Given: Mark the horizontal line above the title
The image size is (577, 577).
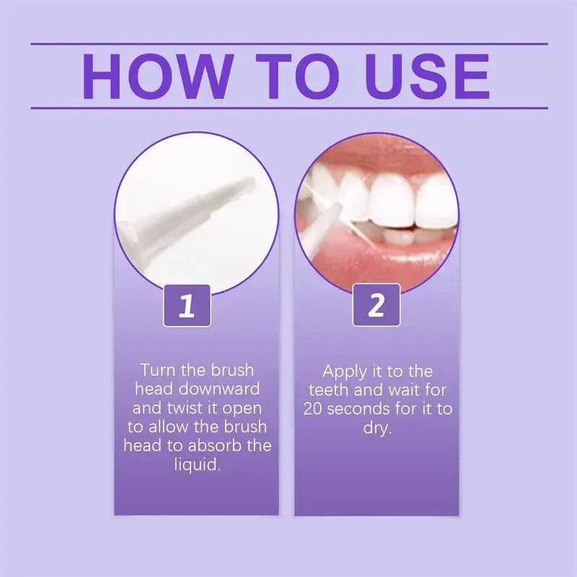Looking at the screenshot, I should [288, 43].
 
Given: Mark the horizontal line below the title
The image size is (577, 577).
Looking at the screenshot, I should [288, 108].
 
